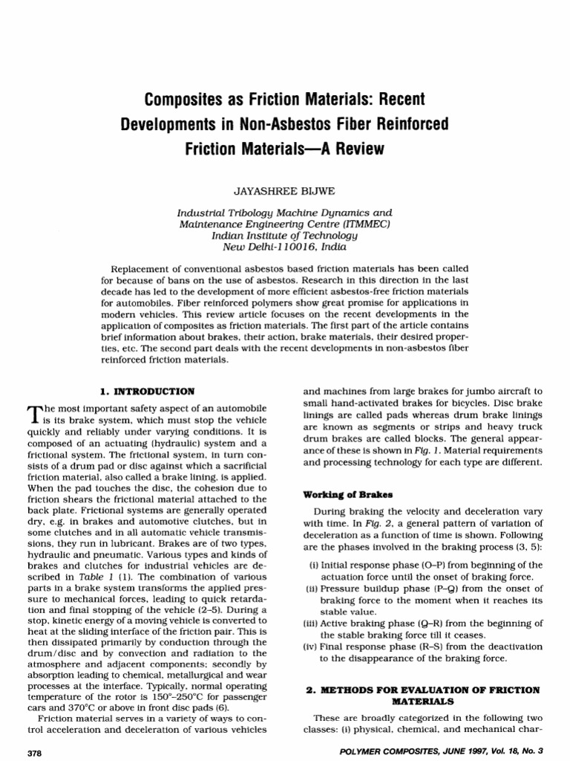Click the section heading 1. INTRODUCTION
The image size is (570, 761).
click(147, 389)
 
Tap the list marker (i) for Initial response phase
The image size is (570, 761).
click(314, 565)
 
